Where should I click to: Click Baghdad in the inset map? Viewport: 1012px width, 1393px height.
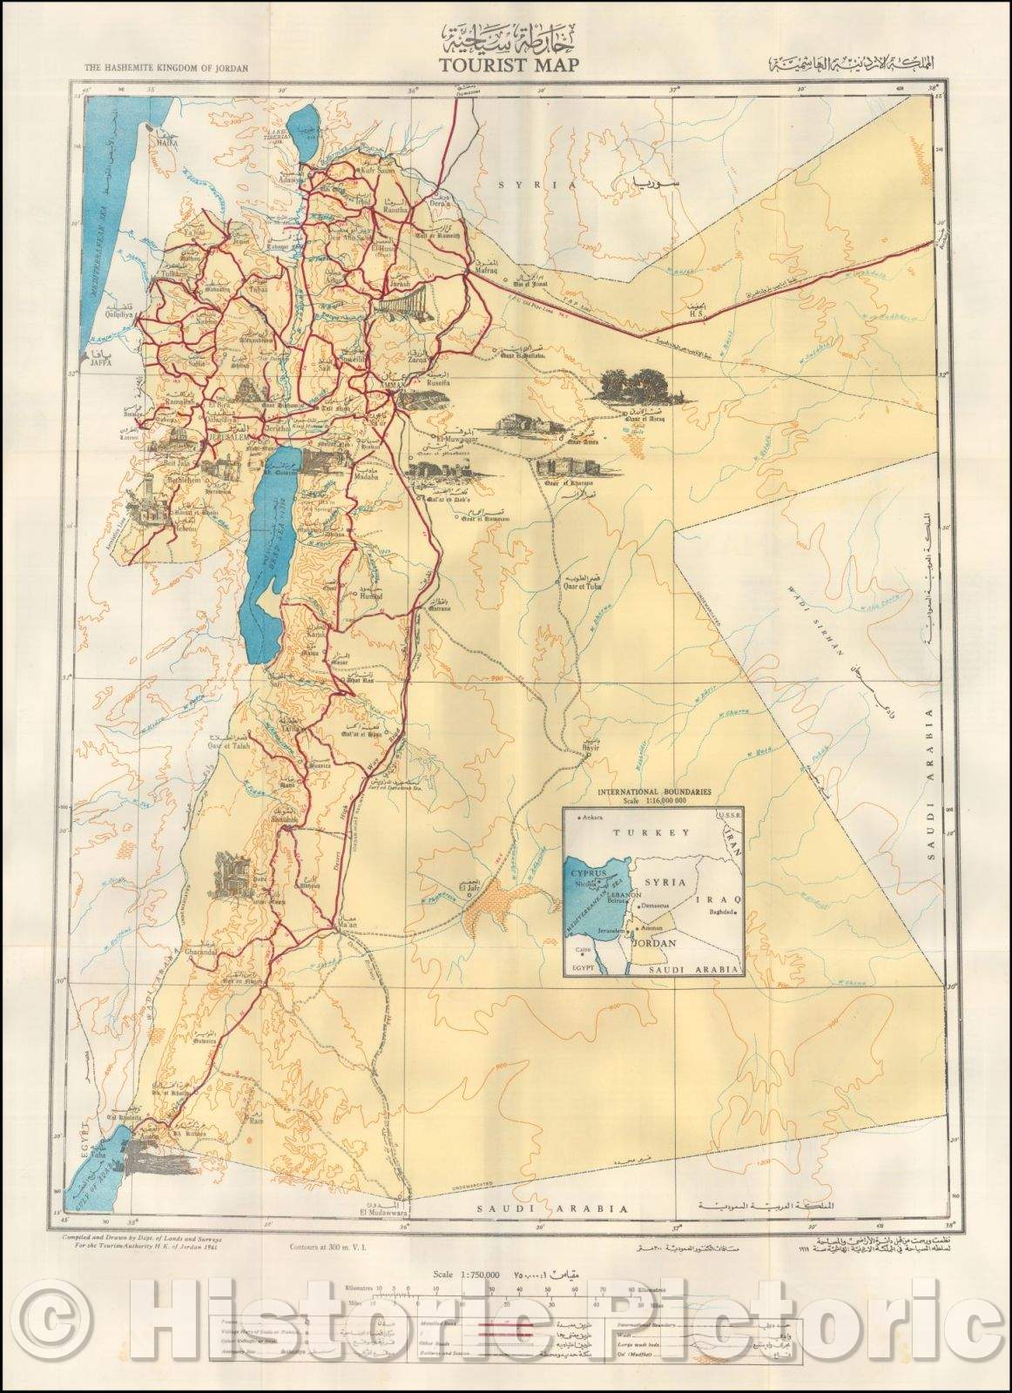[x=712, y=912]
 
